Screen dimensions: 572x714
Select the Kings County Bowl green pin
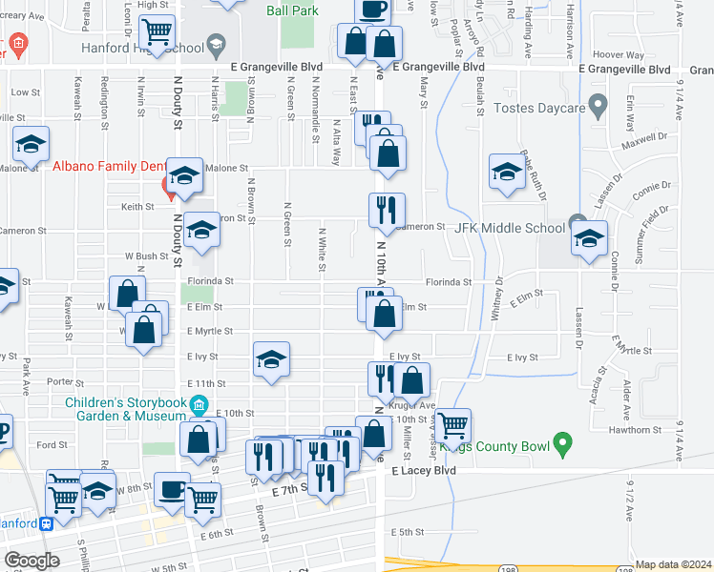(563, 442)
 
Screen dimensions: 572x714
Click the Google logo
(31, 561)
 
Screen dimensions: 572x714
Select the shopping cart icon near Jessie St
(452, 424)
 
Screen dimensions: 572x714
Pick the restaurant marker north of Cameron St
(387, 210)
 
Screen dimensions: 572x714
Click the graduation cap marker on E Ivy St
(271, 359)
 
